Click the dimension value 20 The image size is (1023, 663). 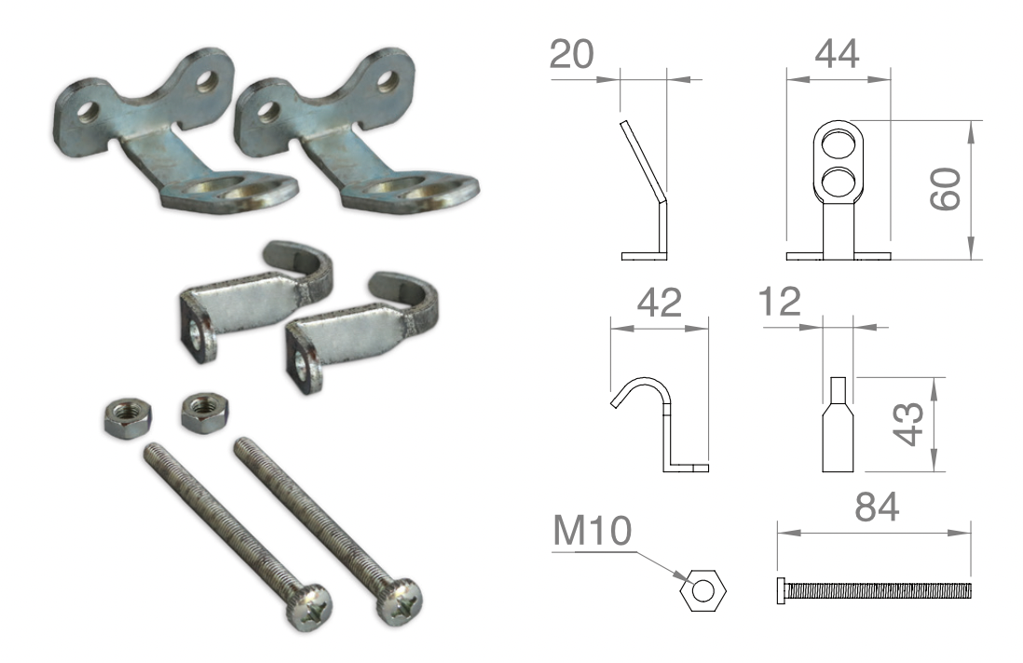coord(571,54)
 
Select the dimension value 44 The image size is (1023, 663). coord(837,54)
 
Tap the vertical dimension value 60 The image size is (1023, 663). coord(946,189)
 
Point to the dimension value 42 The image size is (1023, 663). coord(660,304)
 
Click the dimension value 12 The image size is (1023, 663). coord(780,302)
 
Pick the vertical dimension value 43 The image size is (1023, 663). coord(908,424)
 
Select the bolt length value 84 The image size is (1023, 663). coord(877,507)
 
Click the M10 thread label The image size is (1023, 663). coord(593,531)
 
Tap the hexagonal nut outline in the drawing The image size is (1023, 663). coord(702,591)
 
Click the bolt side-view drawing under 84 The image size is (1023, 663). coord(874,590)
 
